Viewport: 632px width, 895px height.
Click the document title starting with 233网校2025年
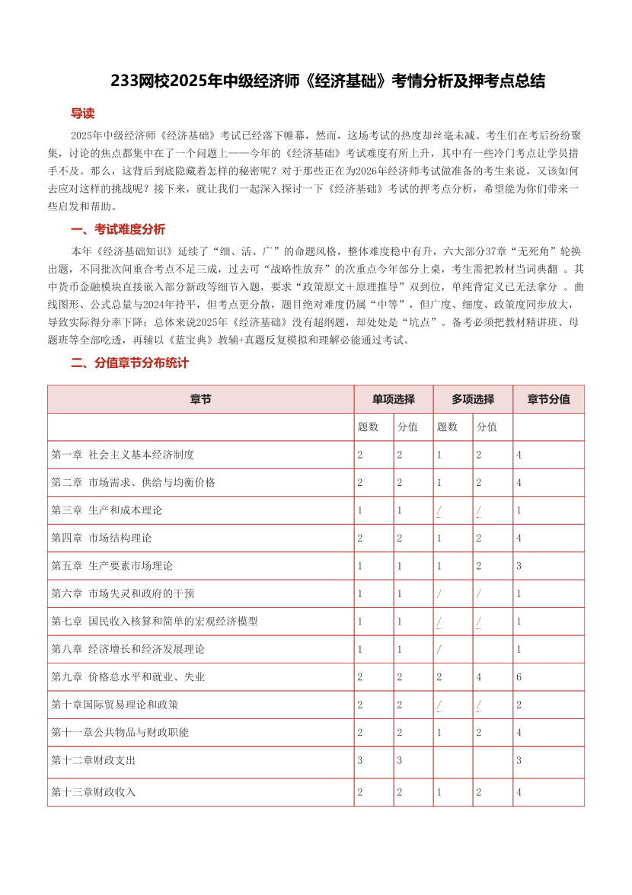[x=327, y=82]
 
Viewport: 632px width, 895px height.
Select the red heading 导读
[x=82, y=113]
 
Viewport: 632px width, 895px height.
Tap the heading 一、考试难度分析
[x=117, y=229]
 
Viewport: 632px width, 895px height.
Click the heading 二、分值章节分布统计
[x=129, y=363]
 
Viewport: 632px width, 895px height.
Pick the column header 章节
[x=200, y=399]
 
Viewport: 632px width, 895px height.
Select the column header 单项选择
[x=393, y=399]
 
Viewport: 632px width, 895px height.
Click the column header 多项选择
[x=472, y=399]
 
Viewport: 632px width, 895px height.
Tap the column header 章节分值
[x=548, y=399]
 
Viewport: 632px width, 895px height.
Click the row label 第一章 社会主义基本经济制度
[x=123, y=455]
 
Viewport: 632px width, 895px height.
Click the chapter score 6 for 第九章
[x=519, y=676]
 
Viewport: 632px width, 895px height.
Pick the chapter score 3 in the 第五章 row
[x=519, y=566]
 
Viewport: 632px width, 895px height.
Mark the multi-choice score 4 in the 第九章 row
[x=479, y=676]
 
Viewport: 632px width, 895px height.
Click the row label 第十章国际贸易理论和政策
[x=115, y=705]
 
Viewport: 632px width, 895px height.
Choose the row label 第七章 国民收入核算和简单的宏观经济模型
[x=155, y=622]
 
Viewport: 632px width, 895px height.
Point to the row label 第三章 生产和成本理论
[x=107, y=510]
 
